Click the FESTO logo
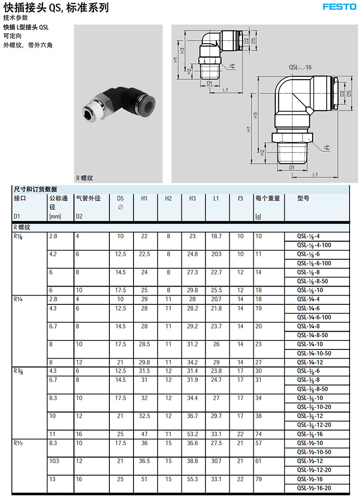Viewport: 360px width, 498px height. tap(339, 7)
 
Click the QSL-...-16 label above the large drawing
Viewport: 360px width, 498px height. tap(300, 67)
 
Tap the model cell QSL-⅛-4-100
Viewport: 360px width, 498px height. tap(314, 246)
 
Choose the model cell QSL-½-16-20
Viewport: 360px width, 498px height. tap(314, 488)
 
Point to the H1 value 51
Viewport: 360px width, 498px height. tap(145, 479)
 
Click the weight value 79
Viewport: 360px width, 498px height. tap(259, 479)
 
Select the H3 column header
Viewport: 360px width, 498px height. tap(193, 199)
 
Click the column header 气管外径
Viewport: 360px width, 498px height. tap(88, 199)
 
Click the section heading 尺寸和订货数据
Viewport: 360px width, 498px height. tap(36, 189)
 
